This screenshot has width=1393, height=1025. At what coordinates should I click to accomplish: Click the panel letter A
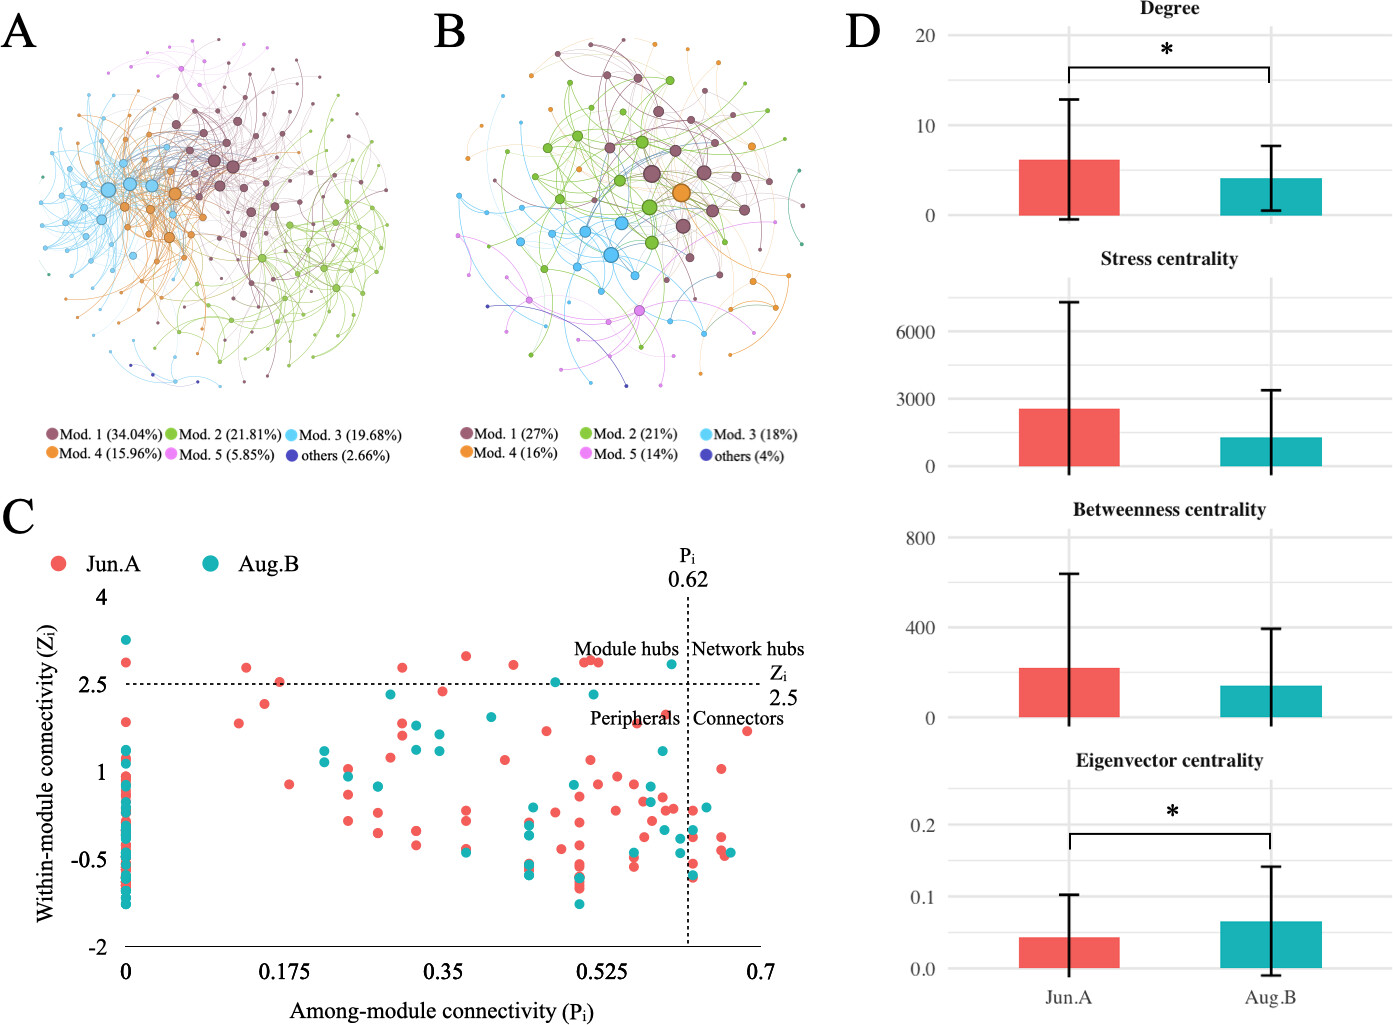pyautogui.click(x=19, y=32)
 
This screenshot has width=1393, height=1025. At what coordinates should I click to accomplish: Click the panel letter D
pyautogui.click(x=862, y=32)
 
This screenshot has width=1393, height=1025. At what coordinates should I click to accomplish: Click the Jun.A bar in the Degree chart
pyautogui.click(x=1069, y=188)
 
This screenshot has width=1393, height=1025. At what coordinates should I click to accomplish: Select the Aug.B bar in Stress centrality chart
pyautogui.click(x=1270, y=452)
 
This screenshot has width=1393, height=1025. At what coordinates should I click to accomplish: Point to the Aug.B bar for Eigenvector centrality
pyautogui.click(x=1270, y=945)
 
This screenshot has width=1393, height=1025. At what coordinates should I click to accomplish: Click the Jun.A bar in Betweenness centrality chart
pyautogui.click(x=1069, y=693)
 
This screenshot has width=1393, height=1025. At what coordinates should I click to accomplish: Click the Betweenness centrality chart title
pyautogui.click(x=1169, y=510)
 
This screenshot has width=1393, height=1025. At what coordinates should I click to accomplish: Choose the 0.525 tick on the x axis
pyautogui.click(x=601, y=971)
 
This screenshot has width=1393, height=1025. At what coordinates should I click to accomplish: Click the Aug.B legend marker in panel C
pyautogui.click(x=211, y=564)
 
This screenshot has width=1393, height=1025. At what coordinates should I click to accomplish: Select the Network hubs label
pyautogui.click(x=748, y=649)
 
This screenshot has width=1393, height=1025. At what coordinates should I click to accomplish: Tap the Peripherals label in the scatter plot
pyautogui.click(x=634, y=718)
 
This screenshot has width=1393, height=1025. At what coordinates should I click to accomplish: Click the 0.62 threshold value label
pyautogui.click(x=688, y=579)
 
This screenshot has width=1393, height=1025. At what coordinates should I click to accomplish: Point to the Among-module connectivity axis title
pyautogui.click(x=441, y=1011)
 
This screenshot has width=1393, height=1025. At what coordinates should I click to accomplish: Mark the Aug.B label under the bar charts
pyautogui.click(x=1270, y=997)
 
